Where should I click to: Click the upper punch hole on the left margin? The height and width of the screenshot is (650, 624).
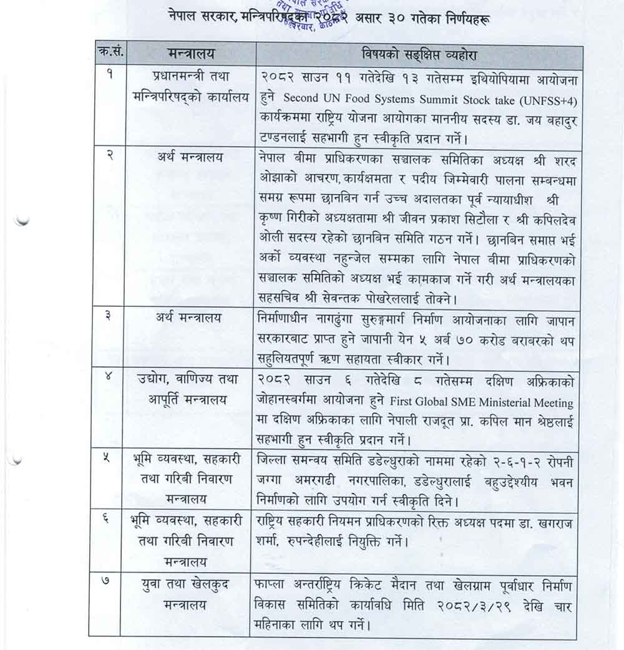click(x=21, y=220)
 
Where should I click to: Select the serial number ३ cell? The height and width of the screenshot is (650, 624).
click(x=108, y=317)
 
